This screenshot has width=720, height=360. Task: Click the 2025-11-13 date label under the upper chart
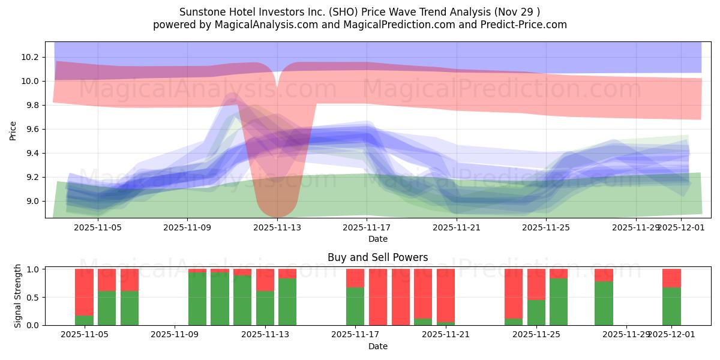277,227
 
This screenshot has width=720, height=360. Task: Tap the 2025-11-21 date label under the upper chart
457,227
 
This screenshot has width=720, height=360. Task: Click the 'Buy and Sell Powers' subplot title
377,257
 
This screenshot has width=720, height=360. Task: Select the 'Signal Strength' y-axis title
18,296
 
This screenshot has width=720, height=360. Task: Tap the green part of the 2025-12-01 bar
671,307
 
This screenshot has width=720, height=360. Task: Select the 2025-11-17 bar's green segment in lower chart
355,307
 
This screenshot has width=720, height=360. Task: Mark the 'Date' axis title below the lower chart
377,346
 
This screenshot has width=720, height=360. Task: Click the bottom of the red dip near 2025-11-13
277,213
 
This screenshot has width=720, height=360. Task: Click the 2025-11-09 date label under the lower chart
175,335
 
